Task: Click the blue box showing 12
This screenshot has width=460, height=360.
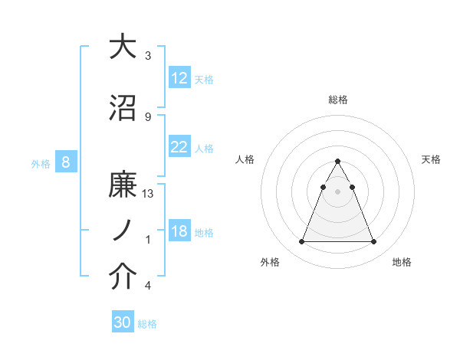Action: tap(179, 79)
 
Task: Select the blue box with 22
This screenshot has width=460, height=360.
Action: tap(179, 148)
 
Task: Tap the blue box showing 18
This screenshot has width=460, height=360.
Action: tap(179, 232)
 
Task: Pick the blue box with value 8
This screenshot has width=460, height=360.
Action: tap(67, 162)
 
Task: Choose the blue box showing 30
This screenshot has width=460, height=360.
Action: tap(123, 323)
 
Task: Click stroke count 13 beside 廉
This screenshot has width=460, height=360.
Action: tap(149, 194)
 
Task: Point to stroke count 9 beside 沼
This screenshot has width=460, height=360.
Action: tap(148, 116)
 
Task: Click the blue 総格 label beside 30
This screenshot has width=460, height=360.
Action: tap(147, 324)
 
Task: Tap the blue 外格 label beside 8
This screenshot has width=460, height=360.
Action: tap(41, 163)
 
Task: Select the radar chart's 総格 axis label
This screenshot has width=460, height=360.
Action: tap(338, 100)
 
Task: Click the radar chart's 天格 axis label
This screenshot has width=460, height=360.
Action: tap(432, 159)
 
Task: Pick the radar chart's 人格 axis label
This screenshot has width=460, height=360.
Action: tap(245, 159)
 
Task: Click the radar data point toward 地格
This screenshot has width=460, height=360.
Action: tap(373, 242)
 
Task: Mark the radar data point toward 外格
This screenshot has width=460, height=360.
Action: tap(301, 242)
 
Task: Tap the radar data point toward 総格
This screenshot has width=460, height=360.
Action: tap(337, 162)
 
